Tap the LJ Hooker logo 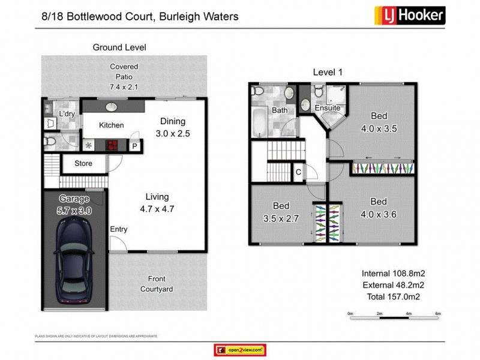[409, 15]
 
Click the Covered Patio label [124, 77]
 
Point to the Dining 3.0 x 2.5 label [173, 128]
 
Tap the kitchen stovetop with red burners [112, 145]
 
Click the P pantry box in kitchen [134, 145]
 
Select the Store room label [83, 163]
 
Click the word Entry [119, 229]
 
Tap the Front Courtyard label [157, 284]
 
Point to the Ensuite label [328, 108]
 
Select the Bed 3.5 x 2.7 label [281, 212]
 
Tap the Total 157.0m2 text [393, 296]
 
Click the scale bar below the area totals [395, 313]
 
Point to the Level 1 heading [328, 72]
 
